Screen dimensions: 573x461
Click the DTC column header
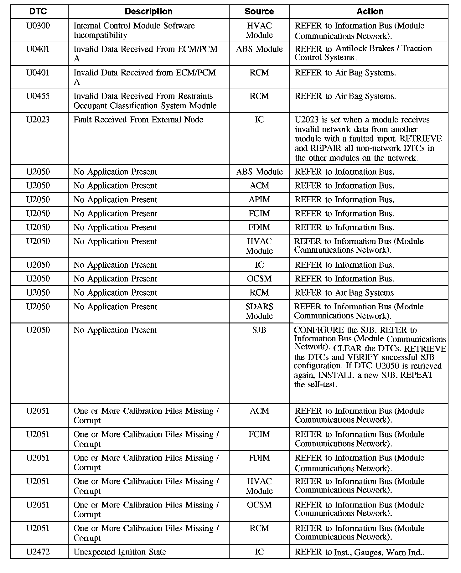pyautogui.click(x=38, y=12)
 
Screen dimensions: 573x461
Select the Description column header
pyautogui.click(x=148, y=12)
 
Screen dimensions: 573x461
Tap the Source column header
pyautogui.click(x=259, y=12)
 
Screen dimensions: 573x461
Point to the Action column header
pyautogui.click(x=370, y=12)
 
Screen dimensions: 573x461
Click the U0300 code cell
pyautogui.click(x=38, y=26)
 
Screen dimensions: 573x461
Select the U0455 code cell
pyautogui.click(x=38, y=96)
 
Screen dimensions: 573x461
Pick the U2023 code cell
pyautogui.click(x=38, y=120)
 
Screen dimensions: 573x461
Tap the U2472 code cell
pyautogui.click(x=38, y=552)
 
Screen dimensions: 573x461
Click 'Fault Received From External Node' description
pyautogui.click(x=138, y=120)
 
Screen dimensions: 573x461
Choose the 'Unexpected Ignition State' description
pyautogui.click(x=120, y=552)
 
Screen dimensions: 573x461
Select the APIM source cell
pyautogui.click(x=259, y=199)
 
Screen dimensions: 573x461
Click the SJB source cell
pyautogui.click(x=259, y=330)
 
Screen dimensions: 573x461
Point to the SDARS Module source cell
pyautogui.click(x=259, y=311)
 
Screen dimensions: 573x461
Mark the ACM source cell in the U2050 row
pyautogui.click(x=259, y=186)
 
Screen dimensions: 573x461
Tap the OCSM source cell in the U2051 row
pyautogui.click(x=259, y=505)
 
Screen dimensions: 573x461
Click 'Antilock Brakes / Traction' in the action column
pyautogui.click(x=384, y=49)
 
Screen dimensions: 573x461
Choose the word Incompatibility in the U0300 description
pyautogui.click(x=100, y=35)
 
